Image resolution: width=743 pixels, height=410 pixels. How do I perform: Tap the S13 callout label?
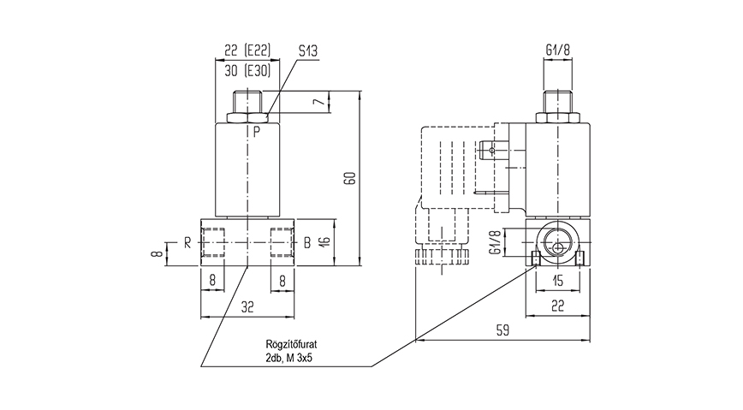coord(308,51)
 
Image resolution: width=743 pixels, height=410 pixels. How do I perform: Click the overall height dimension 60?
coord(349,177)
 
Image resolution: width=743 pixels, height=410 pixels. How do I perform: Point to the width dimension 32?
coord(247,306)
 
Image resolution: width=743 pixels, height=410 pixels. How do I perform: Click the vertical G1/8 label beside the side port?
coord(495,243)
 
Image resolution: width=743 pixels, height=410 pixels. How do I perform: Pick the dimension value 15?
coord(558,282)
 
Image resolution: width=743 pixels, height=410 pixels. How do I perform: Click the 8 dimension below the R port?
coord(213,279)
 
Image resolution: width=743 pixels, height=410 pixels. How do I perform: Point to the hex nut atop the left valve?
coord(247,115)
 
